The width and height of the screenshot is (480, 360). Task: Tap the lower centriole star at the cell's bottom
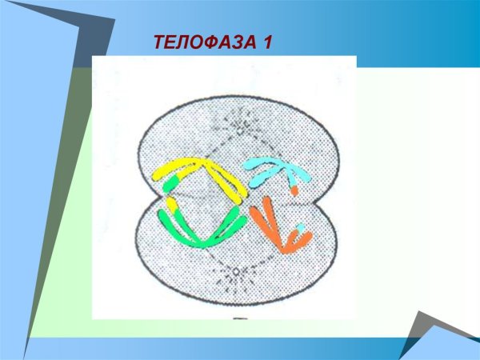click(235, 274)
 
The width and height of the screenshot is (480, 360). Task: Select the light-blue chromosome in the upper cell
click(276, 170)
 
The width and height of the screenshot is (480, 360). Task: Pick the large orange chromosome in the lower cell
click(268, 224)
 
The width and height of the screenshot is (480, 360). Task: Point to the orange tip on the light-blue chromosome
click(294, 190)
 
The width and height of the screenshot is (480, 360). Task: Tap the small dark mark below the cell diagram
click(237, 322)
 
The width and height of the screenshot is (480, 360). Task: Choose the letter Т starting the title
click(158, 42)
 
